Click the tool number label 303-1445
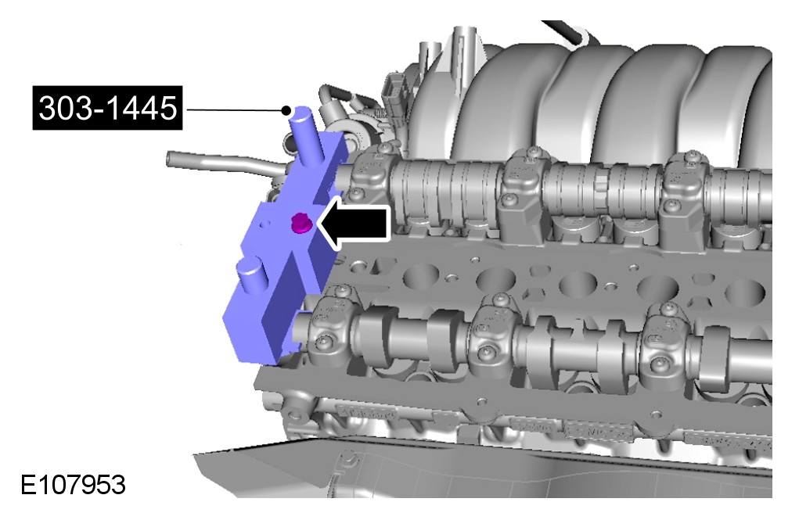click(107, 108)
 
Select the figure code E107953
click(73, 485)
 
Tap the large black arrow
click(354, 223)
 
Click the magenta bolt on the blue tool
click(300, 224)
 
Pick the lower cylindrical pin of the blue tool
click(254, 281)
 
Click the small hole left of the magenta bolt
click(264, 223)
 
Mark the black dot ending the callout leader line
click(287, 110)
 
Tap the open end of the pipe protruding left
click(169, 159)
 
